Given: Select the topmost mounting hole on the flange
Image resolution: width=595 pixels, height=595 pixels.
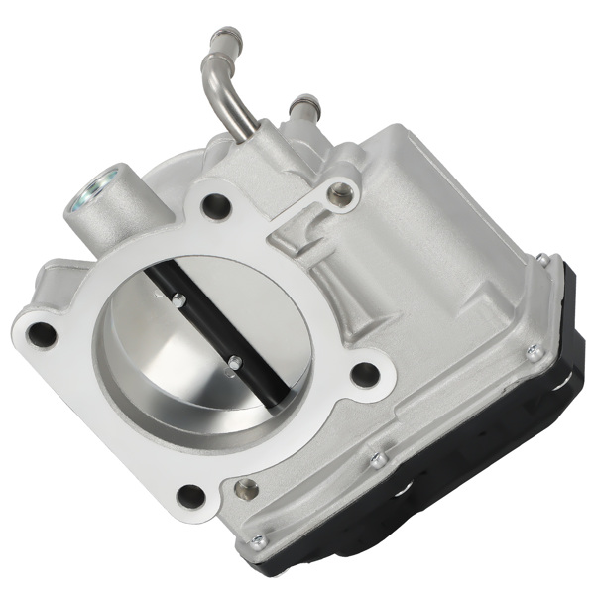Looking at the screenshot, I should [215, 206].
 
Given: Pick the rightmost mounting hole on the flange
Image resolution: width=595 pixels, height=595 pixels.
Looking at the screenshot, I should [365, 374].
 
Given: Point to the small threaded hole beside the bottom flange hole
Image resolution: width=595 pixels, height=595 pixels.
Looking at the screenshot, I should [246, 488].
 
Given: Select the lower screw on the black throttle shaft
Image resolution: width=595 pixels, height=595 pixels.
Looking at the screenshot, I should [235, 362].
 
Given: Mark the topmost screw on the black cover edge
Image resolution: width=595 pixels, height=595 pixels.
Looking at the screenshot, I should [543, 261].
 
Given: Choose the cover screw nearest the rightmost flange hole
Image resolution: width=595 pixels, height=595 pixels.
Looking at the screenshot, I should [377, 459].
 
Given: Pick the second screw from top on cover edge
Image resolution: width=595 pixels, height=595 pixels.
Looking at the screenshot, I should [534, 348].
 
